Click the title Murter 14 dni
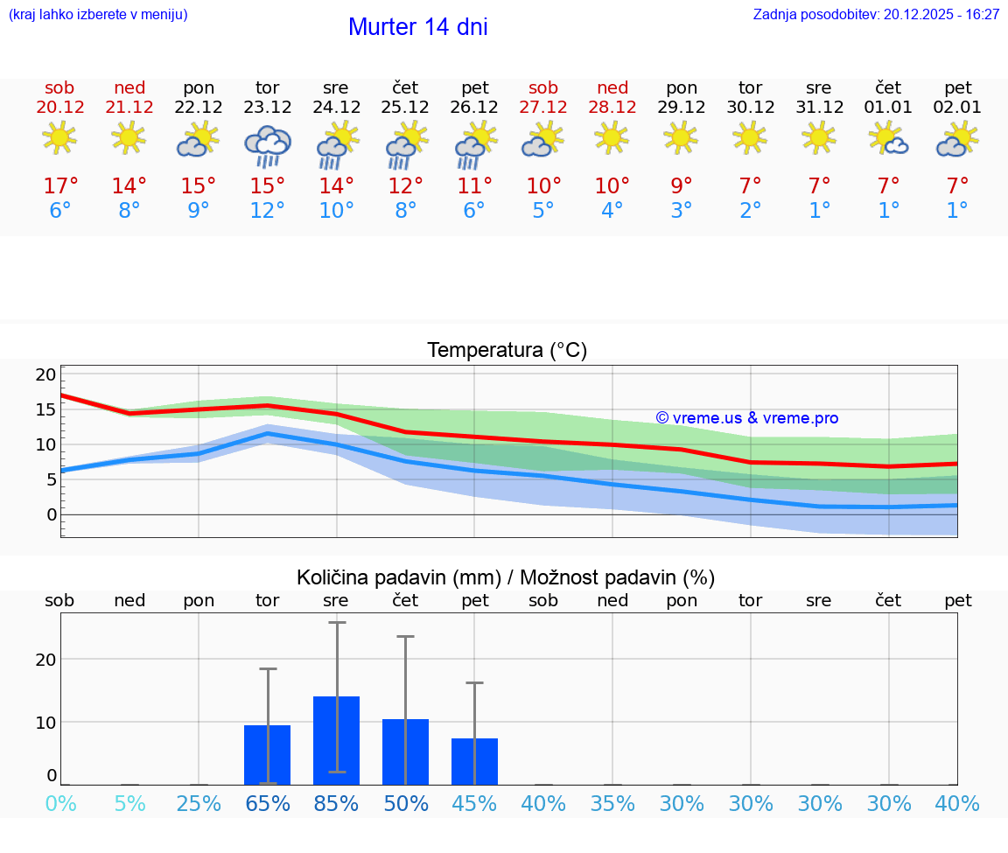click(x=417, y=27)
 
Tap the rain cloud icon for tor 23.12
click(x=267, y=145)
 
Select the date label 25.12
click(x=405, y=107)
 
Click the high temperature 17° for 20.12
click(x=60, y=185)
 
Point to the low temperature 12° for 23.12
click(x=267, y=211)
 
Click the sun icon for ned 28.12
click(x=612, y=137)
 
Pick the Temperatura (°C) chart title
click(x=507, y=350)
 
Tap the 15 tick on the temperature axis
click(x=45, y=409)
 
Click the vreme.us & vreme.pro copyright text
click(x=747, y=418)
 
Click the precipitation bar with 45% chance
click(x=474, y=761)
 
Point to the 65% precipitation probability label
click(x=267, y=803)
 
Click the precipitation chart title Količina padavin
click(x=506, y=577)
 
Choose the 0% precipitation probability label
click(x=60, y=803)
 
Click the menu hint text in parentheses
click(x=98, y=14)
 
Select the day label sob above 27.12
click(x=543, y=87)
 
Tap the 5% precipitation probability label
click(x=129, y=803)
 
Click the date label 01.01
click(x=888, y=107)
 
